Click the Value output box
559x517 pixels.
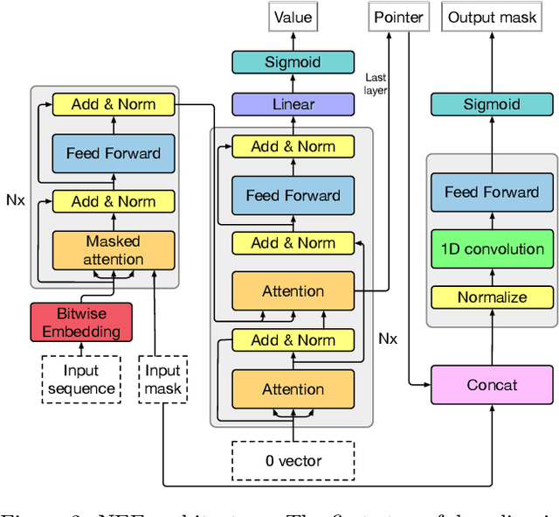point(293,17)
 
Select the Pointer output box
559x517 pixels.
point(399,17)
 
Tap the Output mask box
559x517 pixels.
point(492,17)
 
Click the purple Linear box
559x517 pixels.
point(293,105)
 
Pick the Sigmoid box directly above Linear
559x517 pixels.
point(293,62)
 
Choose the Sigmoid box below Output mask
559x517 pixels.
point(492,105)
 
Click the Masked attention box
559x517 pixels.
point(113,249)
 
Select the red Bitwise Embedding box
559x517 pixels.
point(81,321)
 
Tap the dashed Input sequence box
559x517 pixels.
point(81,379)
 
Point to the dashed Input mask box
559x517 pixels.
point(163,379)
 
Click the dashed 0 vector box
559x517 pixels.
point(293,460)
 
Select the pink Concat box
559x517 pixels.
point(492,385)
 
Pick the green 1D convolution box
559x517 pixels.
point(492,248)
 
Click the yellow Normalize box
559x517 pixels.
point(492,297)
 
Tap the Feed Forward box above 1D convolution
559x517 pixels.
point(492,192)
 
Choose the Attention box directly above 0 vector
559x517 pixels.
point(293,389)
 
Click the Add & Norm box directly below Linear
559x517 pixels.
point(293,146)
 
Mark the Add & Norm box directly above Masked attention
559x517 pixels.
point(113,201)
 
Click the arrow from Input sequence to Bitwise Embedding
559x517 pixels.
point(81,348)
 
